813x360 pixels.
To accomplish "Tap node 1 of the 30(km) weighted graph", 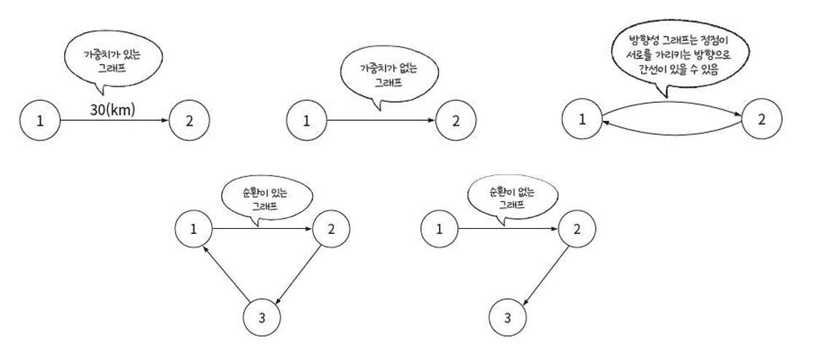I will click(40, 121).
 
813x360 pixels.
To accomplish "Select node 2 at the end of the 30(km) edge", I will click(190, 121).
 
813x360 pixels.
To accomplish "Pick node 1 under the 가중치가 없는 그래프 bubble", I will click(306, 121).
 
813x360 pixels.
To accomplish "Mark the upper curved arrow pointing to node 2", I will click(671, 103).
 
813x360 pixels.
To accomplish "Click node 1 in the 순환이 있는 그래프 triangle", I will click(194, 229).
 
